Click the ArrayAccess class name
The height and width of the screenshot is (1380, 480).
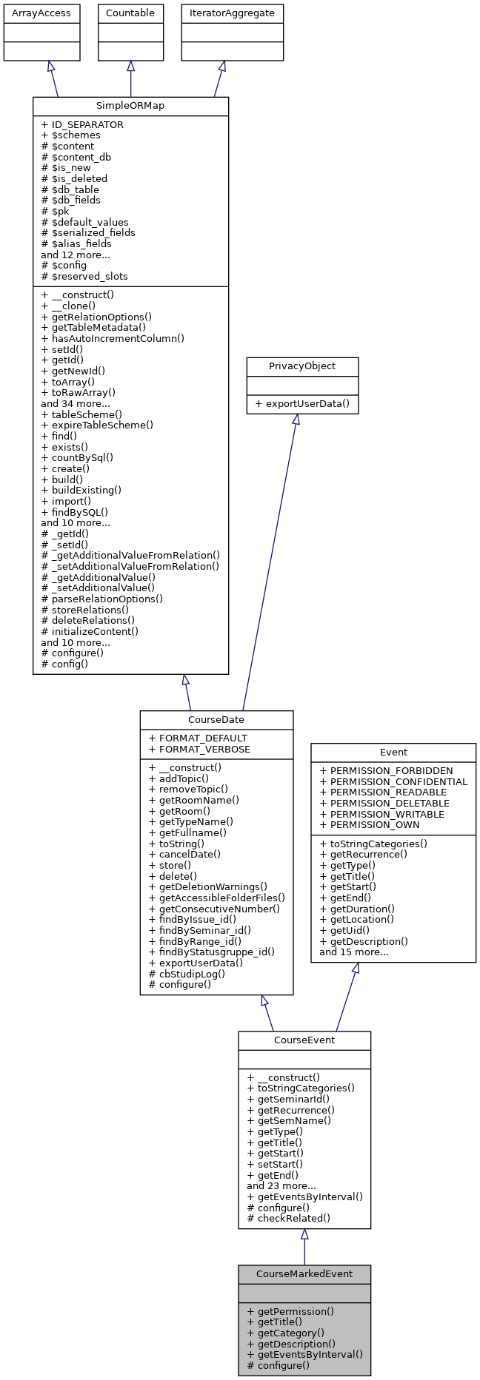tap(31, 13)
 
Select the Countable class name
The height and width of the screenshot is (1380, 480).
tap(130, 13)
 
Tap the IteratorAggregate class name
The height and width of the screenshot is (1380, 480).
tap(233, 13)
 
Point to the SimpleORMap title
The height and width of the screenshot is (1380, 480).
tap(130, 106)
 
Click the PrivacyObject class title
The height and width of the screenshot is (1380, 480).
tap(302, 366)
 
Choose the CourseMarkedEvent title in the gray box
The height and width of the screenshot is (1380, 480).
tap(304, 1274)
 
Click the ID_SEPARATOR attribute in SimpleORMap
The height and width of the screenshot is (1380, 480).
tap(82, 124)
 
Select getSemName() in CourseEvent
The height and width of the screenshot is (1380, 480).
tap(289, 1120)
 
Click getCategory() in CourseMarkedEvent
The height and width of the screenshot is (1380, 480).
tap(285, 1333)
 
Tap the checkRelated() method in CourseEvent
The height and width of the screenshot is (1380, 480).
tap(288, 1218)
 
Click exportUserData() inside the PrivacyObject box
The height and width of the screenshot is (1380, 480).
tap(302, 404)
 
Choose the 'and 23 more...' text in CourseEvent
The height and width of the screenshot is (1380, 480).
tap(281, 1185)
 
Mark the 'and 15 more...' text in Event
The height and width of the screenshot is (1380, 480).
tap(354, 952)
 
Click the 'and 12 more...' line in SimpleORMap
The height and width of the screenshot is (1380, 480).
tap(76, 255)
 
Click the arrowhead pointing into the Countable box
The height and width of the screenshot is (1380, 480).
tap(130, 67)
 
